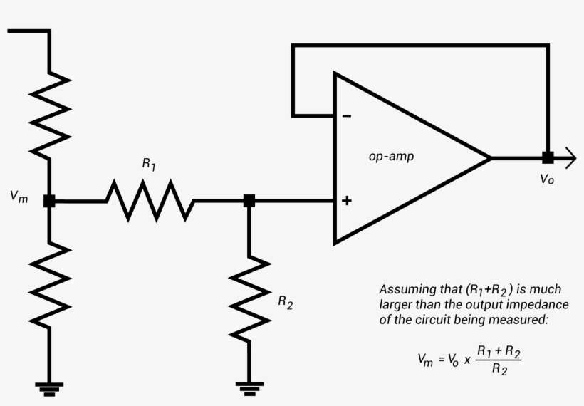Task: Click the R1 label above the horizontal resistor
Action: coord(149,164)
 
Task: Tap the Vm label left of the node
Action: coord(19,197)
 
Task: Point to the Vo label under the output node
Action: coord(546,179)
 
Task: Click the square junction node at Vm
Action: coord(49,201)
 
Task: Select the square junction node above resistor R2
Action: coord(249,201)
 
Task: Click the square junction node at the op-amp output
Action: coord(547,157)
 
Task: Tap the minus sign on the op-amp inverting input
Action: coord(346,115)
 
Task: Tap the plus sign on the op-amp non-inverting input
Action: coord(346,201)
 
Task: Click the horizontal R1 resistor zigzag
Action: coord(150,201)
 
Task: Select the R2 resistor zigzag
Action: coord(249,299)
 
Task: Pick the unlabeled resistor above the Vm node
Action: coord(49,114)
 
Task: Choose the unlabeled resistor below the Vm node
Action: coord(49,285)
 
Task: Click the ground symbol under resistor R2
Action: coord(249,388)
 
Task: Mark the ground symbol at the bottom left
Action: coord(49,388)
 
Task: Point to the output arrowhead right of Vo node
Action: coord(568,157)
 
